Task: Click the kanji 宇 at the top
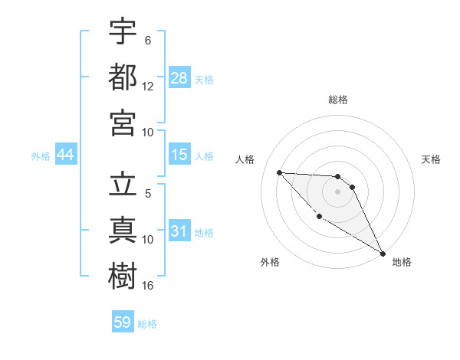[123, 33]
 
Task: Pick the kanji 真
[123, 228]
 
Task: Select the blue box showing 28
[179, 77]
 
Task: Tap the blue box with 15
[179, 155]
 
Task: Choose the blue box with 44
[65, 155]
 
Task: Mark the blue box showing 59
[123, 322]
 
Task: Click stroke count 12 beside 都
[148, 87]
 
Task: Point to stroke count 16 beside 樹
[148, 285]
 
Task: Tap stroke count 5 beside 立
[148, 193]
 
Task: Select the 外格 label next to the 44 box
[41, 156]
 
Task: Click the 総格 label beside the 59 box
[147, 323]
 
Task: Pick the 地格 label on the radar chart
[402, 262]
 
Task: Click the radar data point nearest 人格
[280, 172]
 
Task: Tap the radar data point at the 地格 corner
[383, 253]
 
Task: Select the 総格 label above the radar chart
[338, 100]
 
